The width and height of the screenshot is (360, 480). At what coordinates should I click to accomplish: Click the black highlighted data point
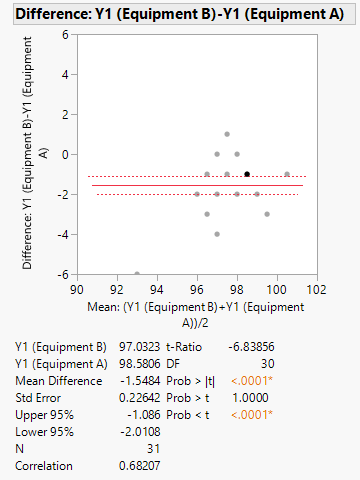pyautogui.click(x=247, y=174)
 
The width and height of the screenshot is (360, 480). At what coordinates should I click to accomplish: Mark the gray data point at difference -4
pyautogui.click(x=217, y=234)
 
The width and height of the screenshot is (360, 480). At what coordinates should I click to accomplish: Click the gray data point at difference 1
pyautogui.click(x=227, y=134)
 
